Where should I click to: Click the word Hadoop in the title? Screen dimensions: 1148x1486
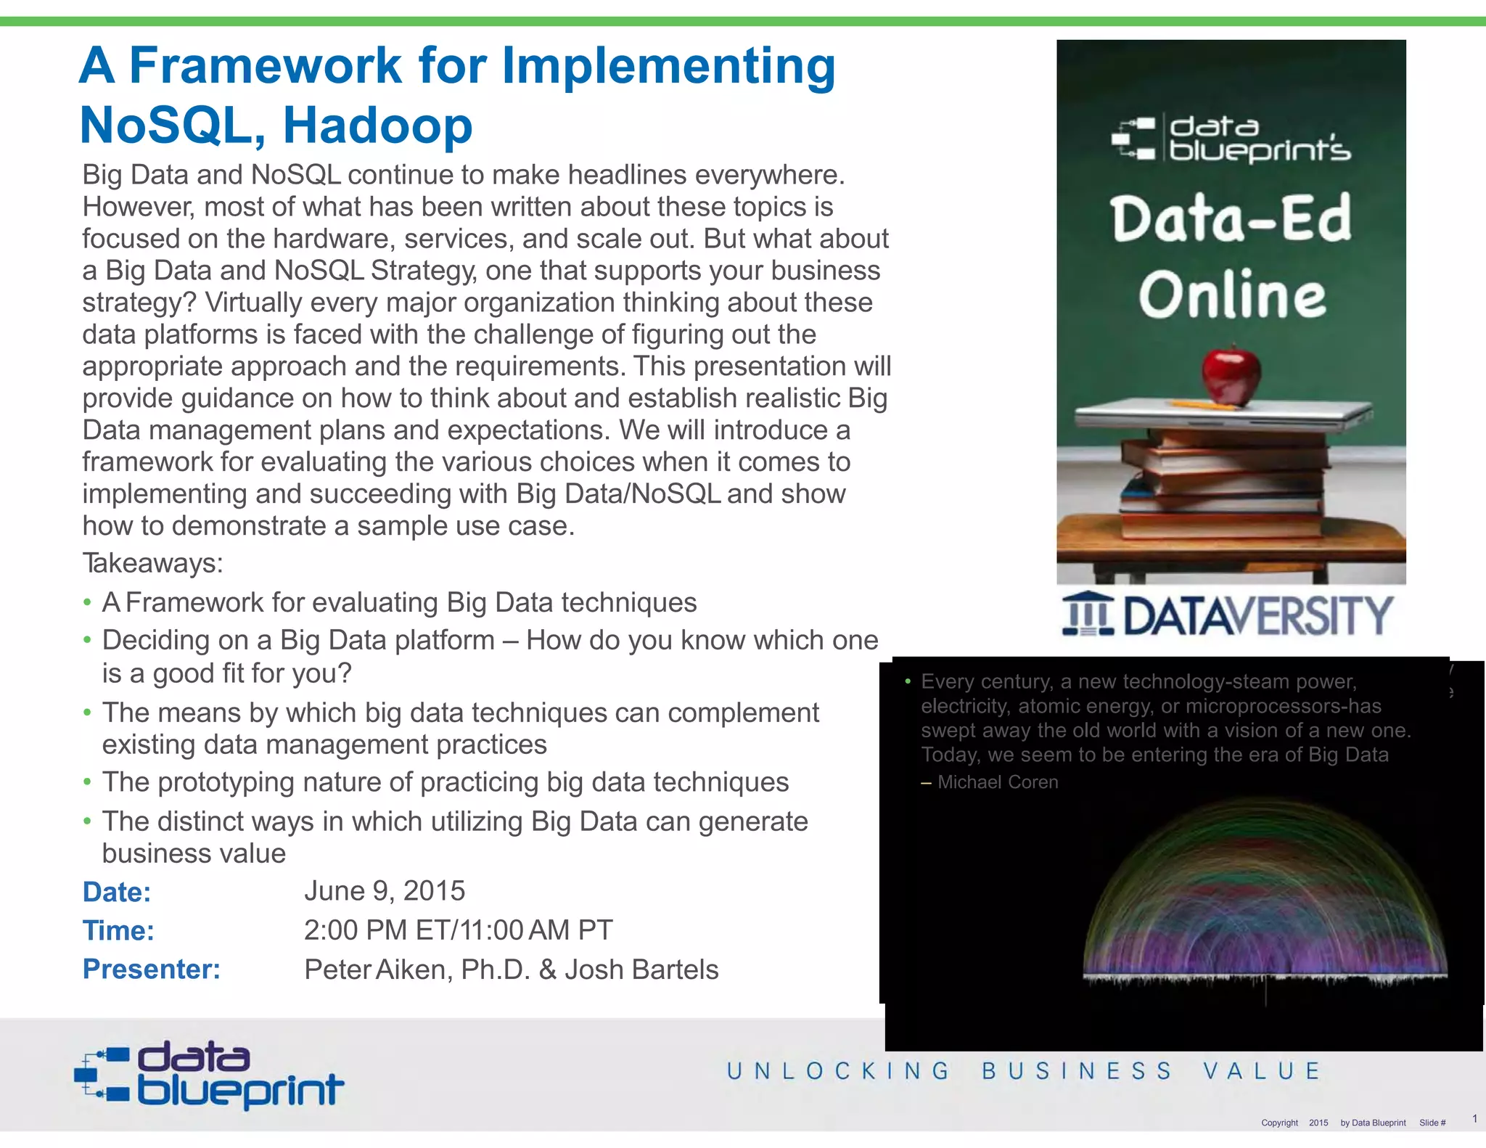coord(377,126)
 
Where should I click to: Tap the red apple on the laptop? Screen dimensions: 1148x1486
coord(1231,375)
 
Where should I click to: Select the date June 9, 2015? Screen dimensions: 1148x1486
coord(385,891)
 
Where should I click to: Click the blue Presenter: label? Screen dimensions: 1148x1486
coord(151,969)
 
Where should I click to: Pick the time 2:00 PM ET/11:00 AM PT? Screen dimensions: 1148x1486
coord(458,930)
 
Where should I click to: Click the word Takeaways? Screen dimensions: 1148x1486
coord(152,563)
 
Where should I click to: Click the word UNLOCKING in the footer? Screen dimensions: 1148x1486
coord(838,1071)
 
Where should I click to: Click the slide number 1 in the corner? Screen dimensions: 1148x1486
coord(1474,1118)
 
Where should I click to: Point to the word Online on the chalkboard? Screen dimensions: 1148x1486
coord(1231,295)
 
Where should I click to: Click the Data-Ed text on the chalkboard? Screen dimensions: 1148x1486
coord(1231,218)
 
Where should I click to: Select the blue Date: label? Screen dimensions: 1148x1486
coord(116,892)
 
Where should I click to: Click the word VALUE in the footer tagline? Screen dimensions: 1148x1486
coord(1262,1071)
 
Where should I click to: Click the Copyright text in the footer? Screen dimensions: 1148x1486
coord(1279,1123)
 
